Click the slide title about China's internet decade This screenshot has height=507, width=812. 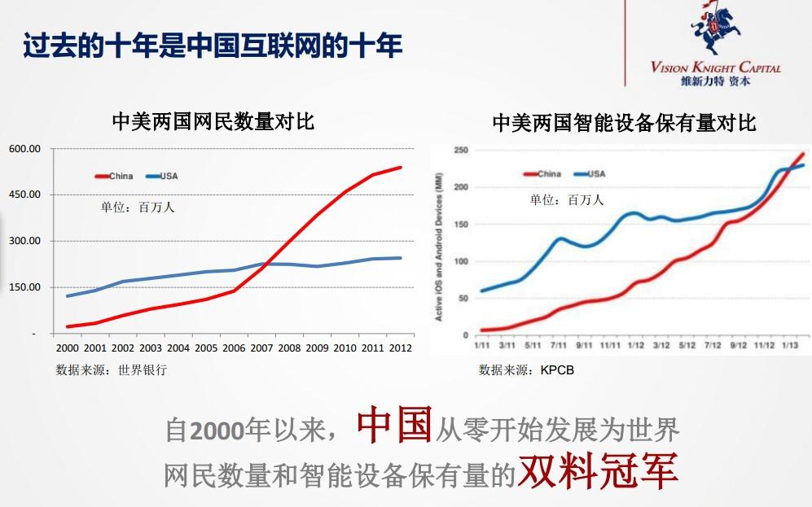coord(212,46)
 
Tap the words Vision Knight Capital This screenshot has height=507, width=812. coord(715,68)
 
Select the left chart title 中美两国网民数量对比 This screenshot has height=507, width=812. coord(213,122)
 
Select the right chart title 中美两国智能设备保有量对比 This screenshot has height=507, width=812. coord(624,123)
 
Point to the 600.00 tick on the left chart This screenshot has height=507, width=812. coord(24,149)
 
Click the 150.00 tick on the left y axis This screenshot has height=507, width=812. coord(24,287)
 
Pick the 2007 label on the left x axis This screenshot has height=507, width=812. coord(261,347)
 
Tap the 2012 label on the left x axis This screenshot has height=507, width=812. coord(400,347)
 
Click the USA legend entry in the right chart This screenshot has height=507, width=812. coord(596,173)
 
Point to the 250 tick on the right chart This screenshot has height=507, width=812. coord(460,151)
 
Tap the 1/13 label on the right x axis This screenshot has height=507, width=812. coord(791,345)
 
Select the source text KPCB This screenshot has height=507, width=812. coord(557,370)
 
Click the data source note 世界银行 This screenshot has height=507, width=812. coord(143,369)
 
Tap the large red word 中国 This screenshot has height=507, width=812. coord(393,425)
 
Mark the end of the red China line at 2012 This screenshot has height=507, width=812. coord(401,168)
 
